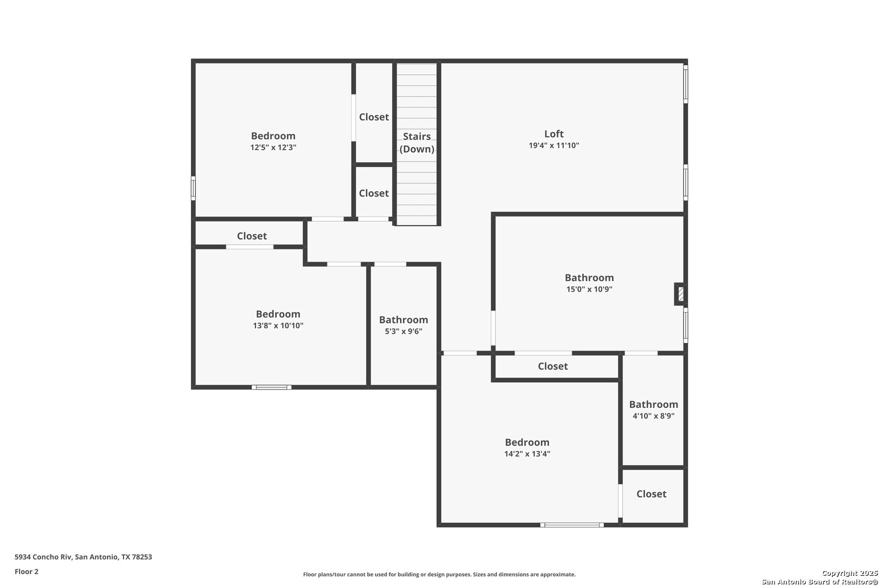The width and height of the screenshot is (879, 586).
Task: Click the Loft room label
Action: coord(553,134)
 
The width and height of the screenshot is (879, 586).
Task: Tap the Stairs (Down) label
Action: coord(417,143)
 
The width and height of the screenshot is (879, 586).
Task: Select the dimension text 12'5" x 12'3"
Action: coord(273,148)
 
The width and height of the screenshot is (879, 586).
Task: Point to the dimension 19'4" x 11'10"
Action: coord(553,145)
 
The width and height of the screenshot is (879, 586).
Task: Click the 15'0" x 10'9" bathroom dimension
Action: coord(589,289)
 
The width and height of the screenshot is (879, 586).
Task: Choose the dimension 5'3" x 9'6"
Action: coord(403,332)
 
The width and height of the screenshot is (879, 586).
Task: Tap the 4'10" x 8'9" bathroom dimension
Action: coord(653,416)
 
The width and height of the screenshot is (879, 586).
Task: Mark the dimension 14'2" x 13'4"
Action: coord(527,454)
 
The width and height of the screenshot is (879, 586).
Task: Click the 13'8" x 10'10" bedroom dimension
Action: coord(278,326)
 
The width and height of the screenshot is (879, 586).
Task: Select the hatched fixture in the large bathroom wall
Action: coord(680,294)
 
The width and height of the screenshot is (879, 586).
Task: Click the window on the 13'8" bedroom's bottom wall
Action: coord(271,387)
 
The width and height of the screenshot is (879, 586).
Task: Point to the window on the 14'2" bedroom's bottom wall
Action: coord(572,525)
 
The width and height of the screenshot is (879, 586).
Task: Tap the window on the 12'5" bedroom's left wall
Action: coord(193,188)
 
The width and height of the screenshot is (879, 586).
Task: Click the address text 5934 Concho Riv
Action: coord(43,557)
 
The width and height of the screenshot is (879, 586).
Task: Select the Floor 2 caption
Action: coord(27,572)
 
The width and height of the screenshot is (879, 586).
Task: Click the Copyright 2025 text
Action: coord(850,574)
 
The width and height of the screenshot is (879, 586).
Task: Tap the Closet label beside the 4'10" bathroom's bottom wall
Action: coord(652,494)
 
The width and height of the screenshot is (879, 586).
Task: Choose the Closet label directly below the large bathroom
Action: coord(553,366)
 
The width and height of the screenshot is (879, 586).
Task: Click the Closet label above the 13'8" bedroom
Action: coord(252,236)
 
